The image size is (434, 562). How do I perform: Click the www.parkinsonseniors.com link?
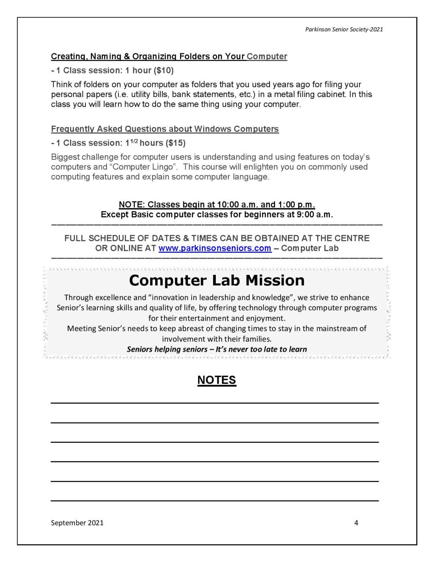coord(215,248)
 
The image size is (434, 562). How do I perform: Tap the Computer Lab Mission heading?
coord(217,280)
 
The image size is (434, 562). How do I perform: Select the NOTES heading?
coord(217,380)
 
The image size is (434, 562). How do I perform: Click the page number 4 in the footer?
coord(356,523)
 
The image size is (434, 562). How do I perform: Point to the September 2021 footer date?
coord(77,523)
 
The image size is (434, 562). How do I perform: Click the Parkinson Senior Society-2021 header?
coord(344,29)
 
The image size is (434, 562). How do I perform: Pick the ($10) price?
coord(164,71)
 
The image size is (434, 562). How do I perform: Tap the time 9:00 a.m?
coord(315,214)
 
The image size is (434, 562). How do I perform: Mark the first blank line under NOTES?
coord(215,402)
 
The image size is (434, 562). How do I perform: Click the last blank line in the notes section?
coord(215,500)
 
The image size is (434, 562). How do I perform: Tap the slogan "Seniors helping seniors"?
coord(167,349)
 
